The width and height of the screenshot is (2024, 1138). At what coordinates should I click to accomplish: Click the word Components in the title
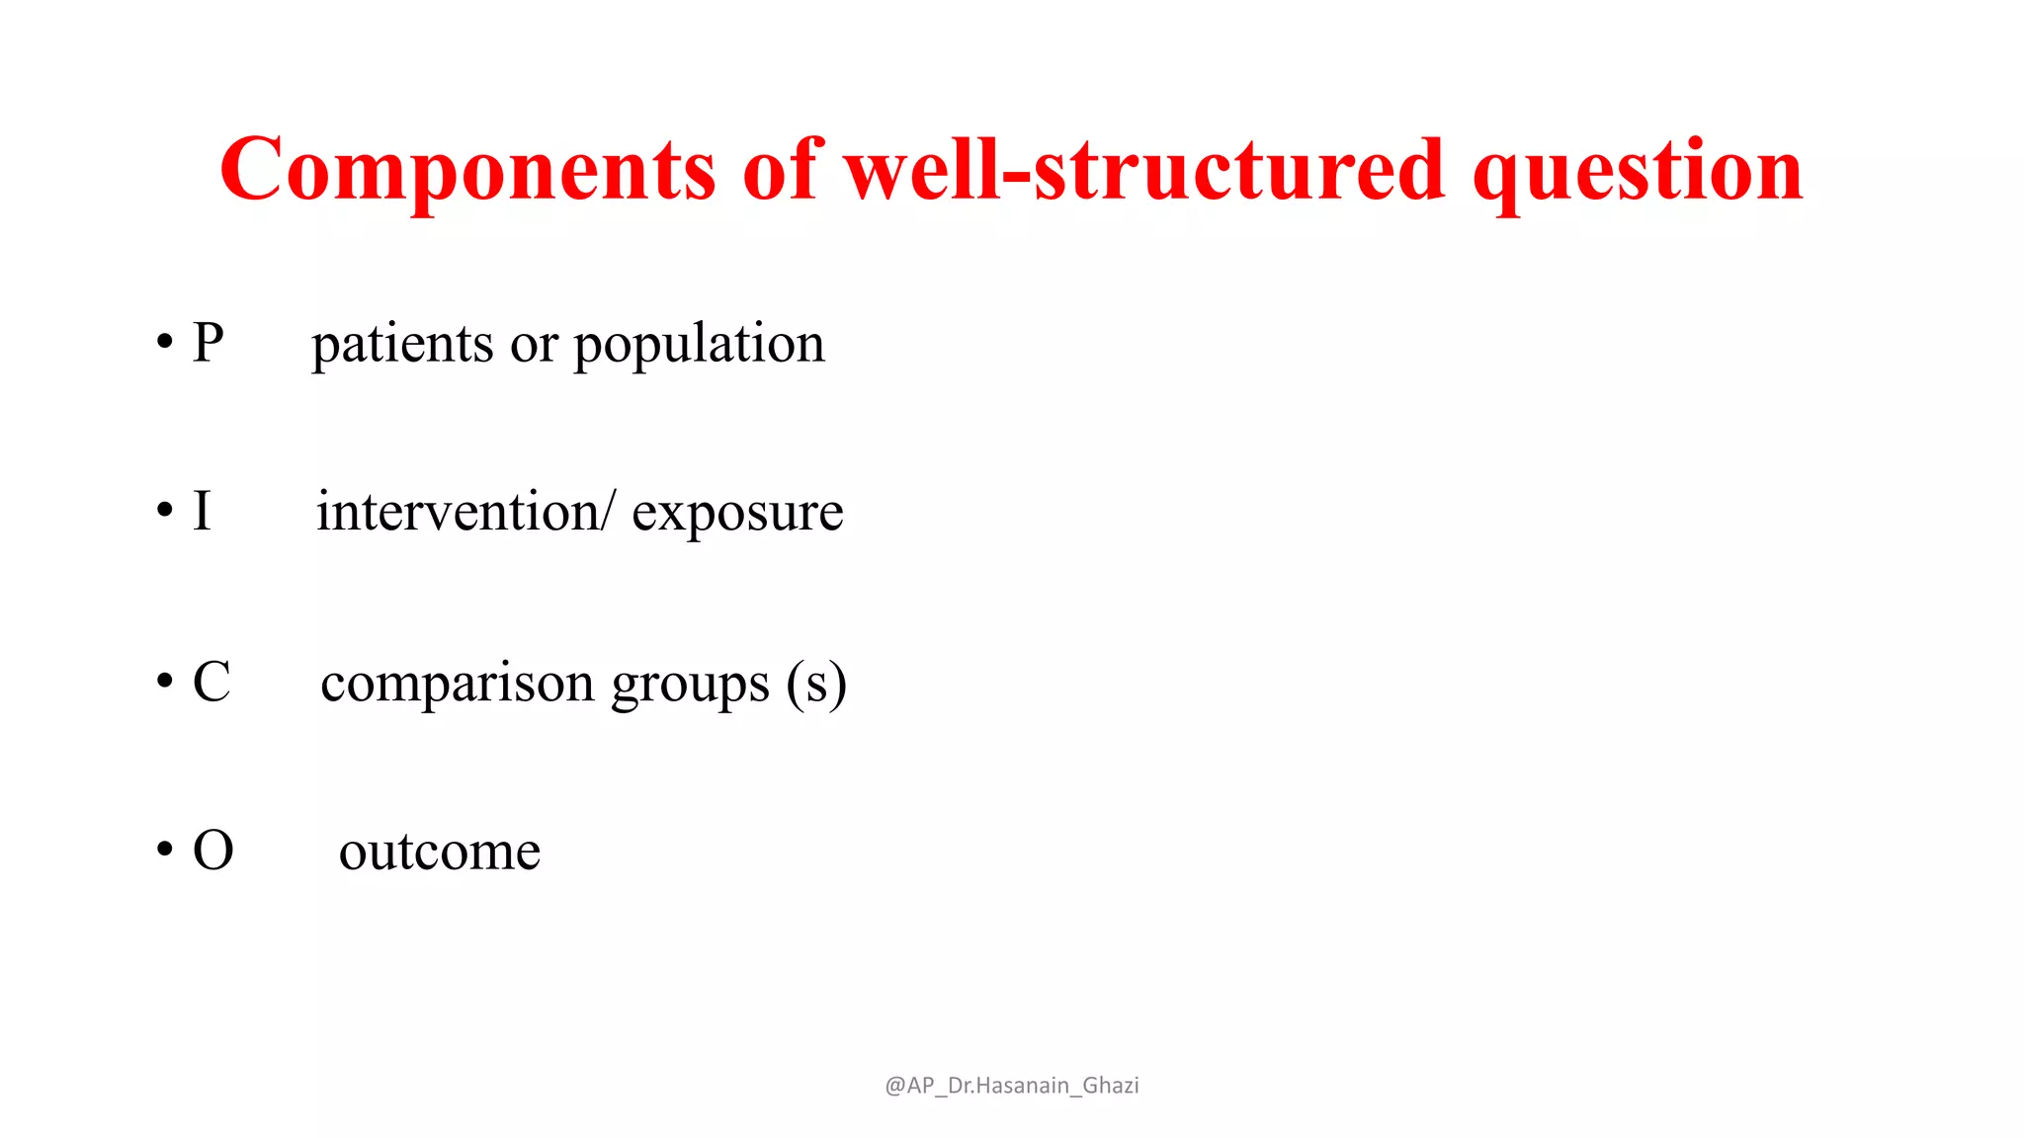coord(467,170)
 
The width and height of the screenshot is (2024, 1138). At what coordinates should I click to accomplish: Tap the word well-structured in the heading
coord(1144,170)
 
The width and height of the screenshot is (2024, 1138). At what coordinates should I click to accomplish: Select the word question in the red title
coord(1638,173)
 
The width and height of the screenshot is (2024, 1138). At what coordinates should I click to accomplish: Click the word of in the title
coord(781,170)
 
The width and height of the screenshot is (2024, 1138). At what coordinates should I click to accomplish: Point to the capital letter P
coord(209,343)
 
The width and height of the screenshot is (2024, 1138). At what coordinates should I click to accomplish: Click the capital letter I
coord(202,512)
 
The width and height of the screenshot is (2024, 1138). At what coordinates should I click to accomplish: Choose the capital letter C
coord(211,682)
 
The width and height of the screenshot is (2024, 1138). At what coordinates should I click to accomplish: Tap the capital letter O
coord(212,851)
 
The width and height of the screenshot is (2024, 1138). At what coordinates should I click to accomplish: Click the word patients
coord(402,345)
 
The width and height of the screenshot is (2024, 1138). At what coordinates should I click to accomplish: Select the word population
coord(699,347)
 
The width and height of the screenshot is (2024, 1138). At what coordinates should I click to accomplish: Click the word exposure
coord(737,516)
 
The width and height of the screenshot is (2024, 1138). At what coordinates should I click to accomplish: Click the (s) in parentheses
coord(816,684)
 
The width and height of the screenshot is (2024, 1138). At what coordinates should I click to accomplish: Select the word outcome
coord(440,853)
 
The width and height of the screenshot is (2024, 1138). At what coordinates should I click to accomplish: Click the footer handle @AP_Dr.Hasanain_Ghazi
coord(1011,1086)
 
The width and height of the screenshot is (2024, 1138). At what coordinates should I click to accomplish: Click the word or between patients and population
coord(534,347)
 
